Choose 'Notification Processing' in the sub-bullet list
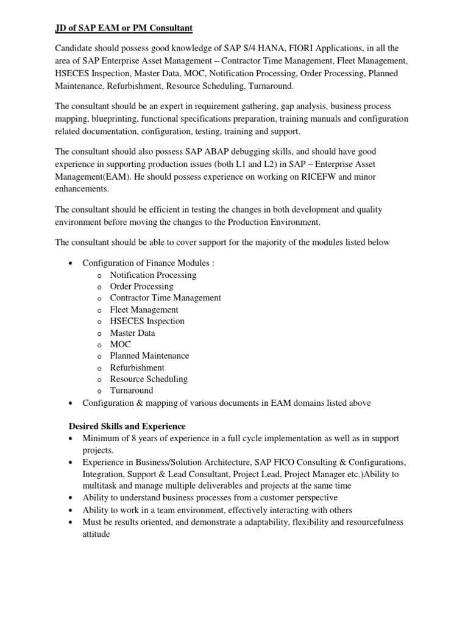coord(153,275)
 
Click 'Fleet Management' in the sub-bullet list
coord(144,310)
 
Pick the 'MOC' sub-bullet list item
coord(120,344)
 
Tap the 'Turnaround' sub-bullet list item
coord(131,391)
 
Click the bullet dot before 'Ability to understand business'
coord(72,498)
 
